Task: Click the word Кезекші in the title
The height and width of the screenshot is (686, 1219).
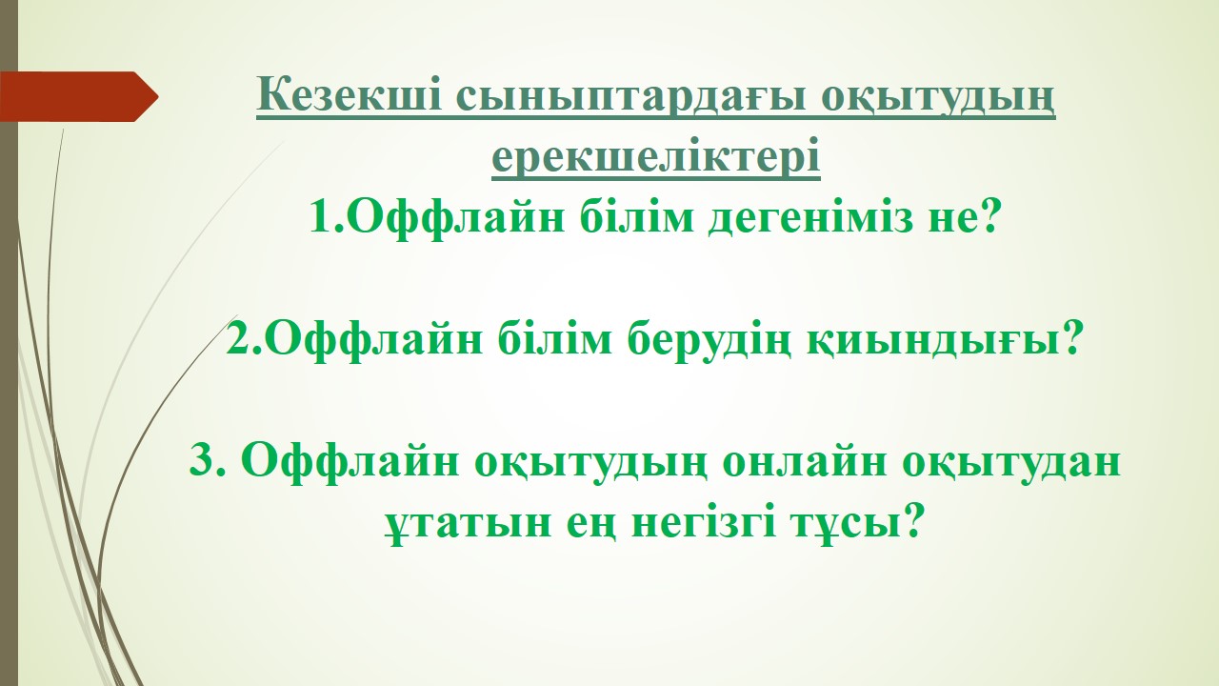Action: point(349,95)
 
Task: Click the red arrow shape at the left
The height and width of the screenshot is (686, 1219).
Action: point(79,96)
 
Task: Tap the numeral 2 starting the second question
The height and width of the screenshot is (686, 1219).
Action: point(238,338)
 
